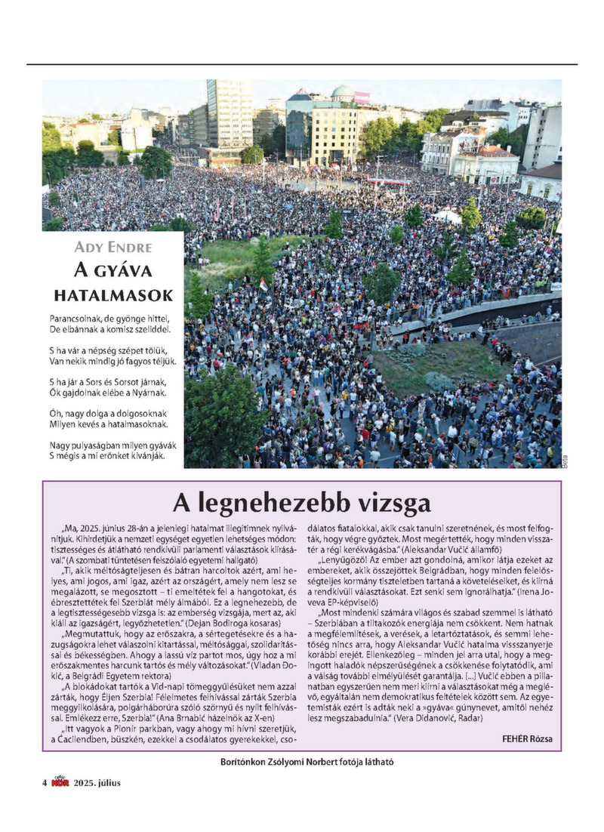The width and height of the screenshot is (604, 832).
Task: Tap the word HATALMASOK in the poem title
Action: coord(113,294)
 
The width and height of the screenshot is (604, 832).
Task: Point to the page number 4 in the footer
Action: coord(45,782)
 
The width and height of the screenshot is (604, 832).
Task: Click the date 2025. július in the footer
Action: coord(97,782)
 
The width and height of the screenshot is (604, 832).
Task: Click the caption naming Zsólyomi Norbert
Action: coord(302,762)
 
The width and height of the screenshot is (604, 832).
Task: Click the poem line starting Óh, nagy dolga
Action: coord(108,414)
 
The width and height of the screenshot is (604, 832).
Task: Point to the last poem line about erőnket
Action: coord(106,456)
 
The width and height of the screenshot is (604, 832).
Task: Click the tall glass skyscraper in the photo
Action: coord(229,113)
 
